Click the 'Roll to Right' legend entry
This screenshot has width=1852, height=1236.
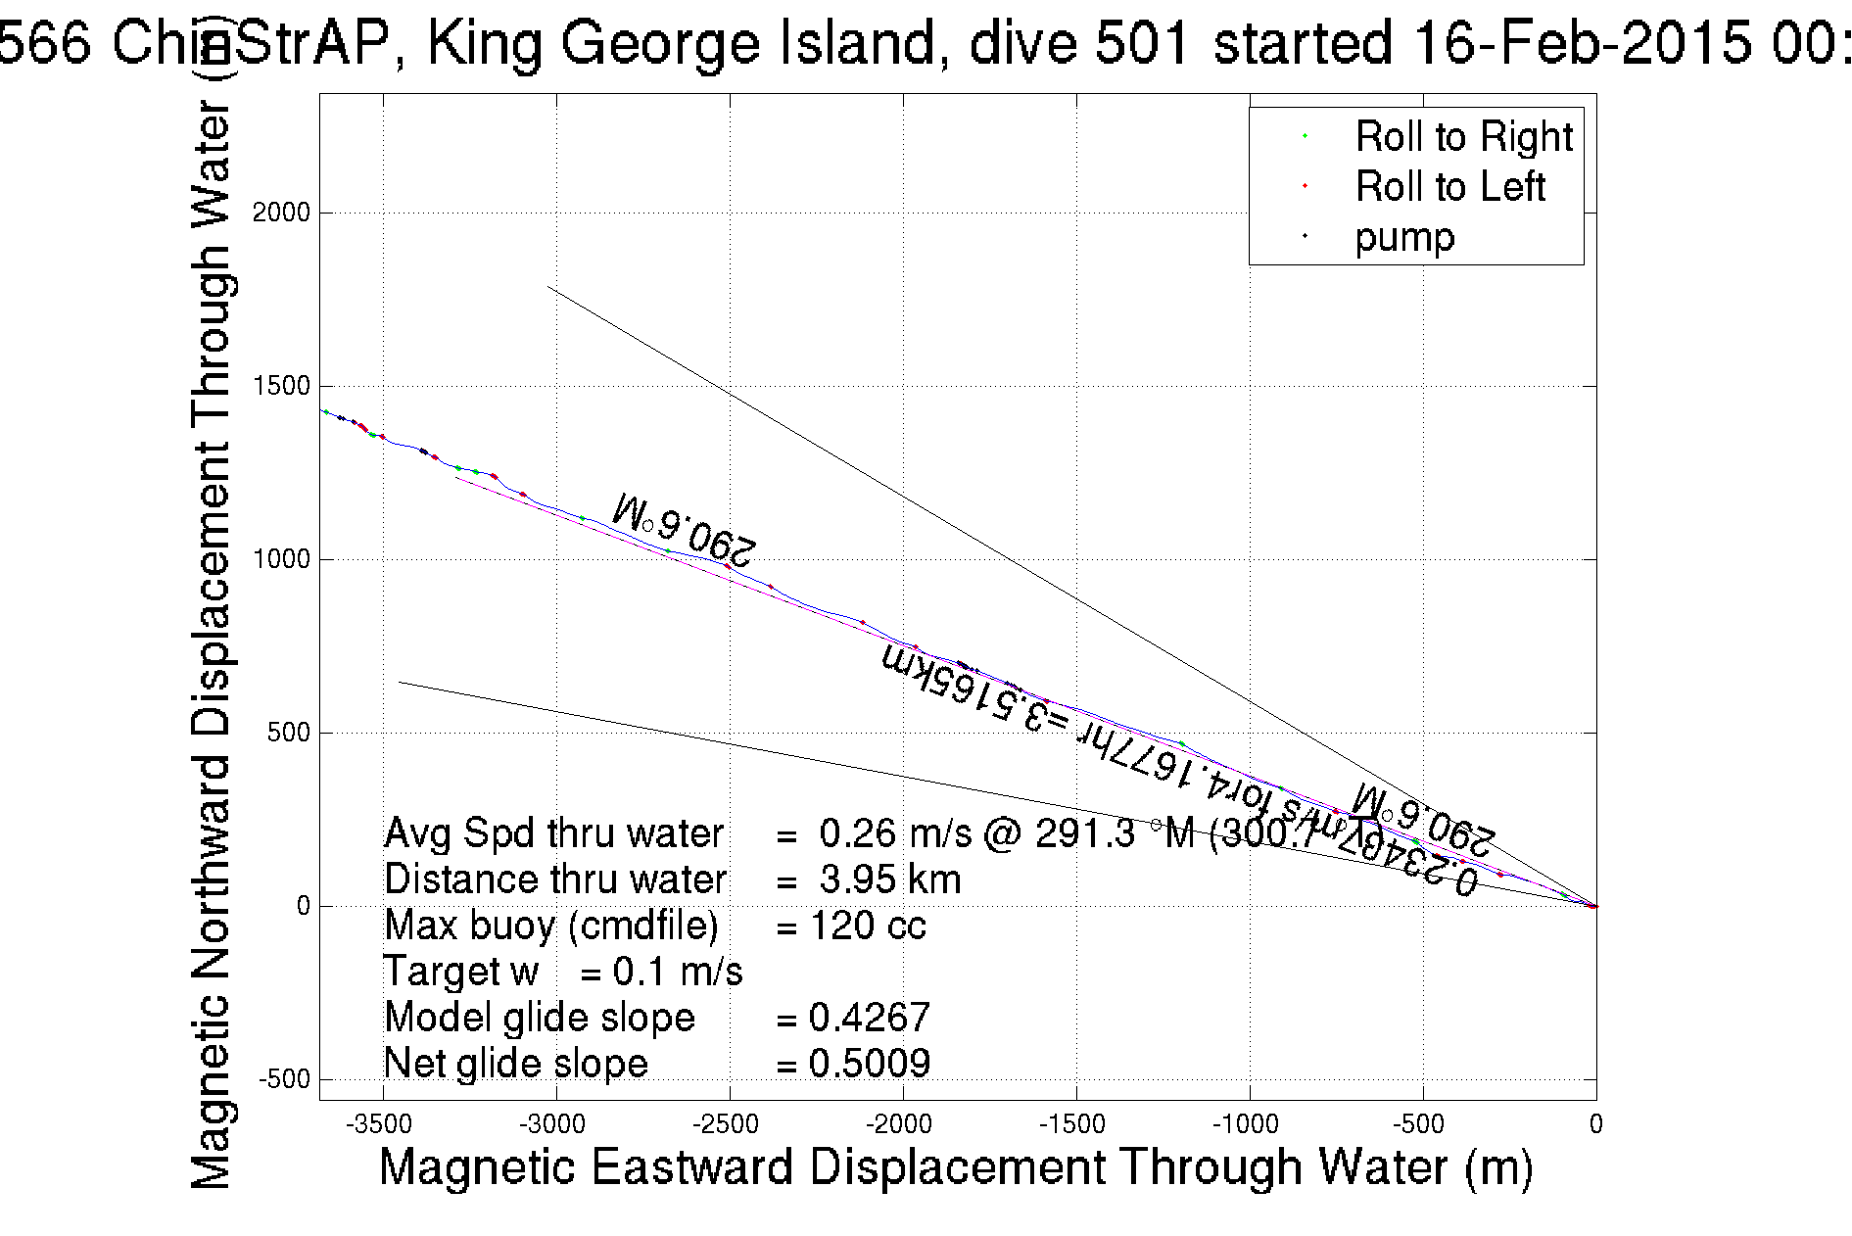click(x=1463, y=137)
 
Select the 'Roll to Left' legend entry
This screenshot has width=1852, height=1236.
click(x=1449, y=187)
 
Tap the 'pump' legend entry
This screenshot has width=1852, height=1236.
click(x=1404, y=238)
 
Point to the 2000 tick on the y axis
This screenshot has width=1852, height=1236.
click(x=281, y=213)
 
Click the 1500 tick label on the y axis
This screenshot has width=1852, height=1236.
click(x=281, y=386)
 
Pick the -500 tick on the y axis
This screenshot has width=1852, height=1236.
click(x=284, y=1079)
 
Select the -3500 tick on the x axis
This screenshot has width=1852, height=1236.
click(x=383, y=1124)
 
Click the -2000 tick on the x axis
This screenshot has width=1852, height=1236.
click(x=903, y=1124)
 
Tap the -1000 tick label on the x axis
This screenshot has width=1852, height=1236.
click(x=1250, y=1124)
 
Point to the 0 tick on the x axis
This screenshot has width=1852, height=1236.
click(x=1595, y=1124)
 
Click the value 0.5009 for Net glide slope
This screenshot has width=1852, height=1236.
click(x=869, y=1064)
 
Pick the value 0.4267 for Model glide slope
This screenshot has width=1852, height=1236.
click(x=869, y=1018)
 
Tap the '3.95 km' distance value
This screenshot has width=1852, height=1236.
click(x=889, y=879)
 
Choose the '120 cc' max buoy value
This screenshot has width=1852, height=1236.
click(x=868, y=926)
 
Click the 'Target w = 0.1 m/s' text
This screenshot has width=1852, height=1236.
click(x=563, y=972)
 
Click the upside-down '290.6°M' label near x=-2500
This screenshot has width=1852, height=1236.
click(x=684, y=530)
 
